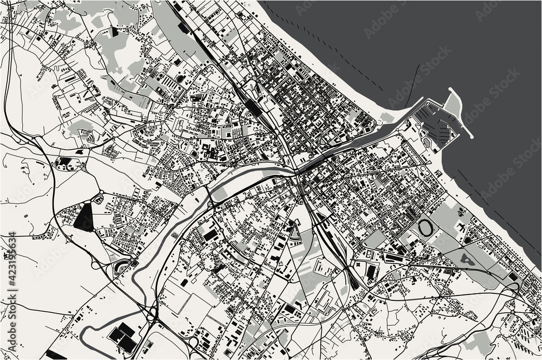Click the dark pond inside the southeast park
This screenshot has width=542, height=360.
(467, 261)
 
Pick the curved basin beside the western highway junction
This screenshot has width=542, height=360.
(120, 266)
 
